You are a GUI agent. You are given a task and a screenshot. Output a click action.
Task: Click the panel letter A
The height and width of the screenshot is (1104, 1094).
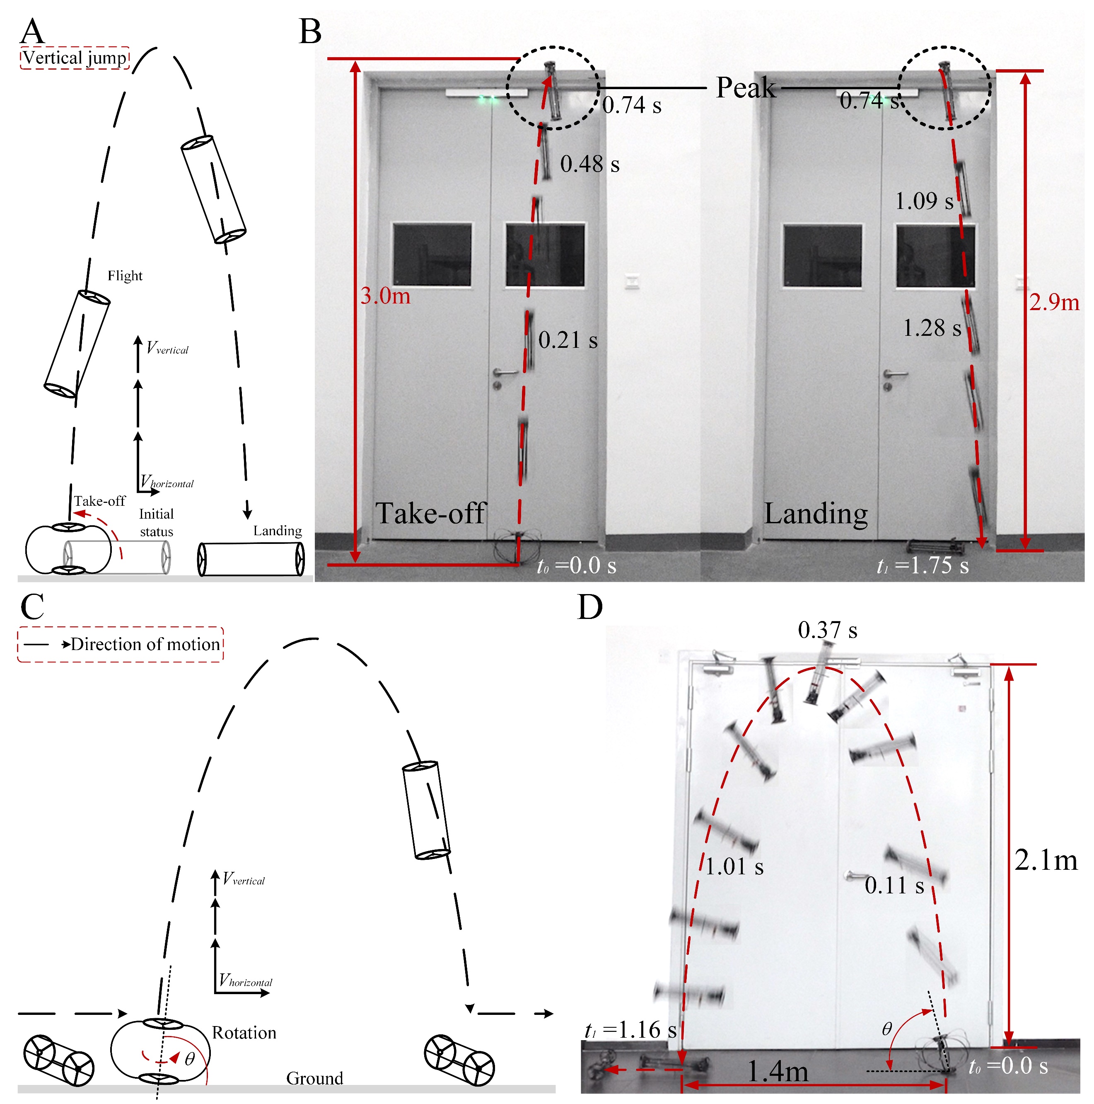(32, 32)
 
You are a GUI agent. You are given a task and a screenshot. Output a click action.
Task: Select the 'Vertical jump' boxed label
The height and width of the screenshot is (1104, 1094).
(75, 58)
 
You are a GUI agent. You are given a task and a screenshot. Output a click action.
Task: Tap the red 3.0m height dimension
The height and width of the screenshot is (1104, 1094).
(385, 296)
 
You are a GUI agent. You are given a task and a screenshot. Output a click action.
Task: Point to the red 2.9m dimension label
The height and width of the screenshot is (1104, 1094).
(1054, 302)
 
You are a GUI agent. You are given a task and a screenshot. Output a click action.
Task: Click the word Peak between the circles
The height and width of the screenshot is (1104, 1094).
(746, 87)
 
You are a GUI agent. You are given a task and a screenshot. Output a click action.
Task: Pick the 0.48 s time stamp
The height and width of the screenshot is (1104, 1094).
(589, 164)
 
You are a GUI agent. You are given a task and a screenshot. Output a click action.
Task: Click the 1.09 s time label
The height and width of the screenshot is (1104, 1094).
(924, 201)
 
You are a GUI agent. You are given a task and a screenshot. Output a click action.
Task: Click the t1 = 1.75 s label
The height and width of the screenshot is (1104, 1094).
(923, 565)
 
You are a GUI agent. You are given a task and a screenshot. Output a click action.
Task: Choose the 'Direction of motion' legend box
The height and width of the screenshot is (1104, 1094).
(121, 645)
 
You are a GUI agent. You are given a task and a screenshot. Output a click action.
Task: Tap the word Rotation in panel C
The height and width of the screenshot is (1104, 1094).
(244, 1033)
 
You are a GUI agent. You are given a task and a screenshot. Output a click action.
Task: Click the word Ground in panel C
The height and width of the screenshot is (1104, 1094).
(314, 1078)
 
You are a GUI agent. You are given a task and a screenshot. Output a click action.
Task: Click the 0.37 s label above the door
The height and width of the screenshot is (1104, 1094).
(827, 630)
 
